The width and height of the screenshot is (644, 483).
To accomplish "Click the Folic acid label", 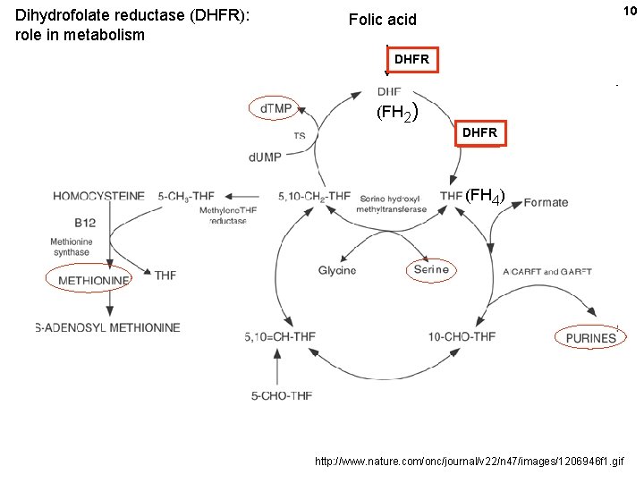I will (x=382, y=20).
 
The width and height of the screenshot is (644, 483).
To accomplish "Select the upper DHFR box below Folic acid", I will (x=411, y=60).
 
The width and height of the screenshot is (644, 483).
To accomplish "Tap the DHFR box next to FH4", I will (x=479, y=133).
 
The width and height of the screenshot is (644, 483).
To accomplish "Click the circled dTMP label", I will (x=275, y=108).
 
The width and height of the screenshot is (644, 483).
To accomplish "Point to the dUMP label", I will (x=266, y=157).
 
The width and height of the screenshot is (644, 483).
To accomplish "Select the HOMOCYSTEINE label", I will (x=98, y=196).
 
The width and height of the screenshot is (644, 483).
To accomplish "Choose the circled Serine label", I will (x=431, y=269).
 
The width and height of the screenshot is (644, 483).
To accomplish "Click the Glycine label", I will (x=337, y=270).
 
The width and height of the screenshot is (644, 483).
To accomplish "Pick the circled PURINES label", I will (x=590, y=338).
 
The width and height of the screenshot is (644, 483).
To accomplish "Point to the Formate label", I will (x=546, y=202).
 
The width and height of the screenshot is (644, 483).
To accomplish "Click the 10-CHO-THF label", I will (x=462, y=336).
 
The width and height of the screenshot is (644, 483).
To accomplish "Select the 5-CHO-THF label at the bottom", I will (x=281, y=395).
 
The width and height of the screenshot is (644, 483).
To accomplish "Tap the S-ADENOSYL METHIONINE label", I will (x=107, y=327).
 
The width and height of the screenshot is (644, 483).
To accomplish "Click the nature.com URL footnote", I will (x=470, y=462).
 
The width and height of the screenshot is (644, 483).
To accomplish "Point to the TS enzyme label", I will (x=299, y=136).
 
